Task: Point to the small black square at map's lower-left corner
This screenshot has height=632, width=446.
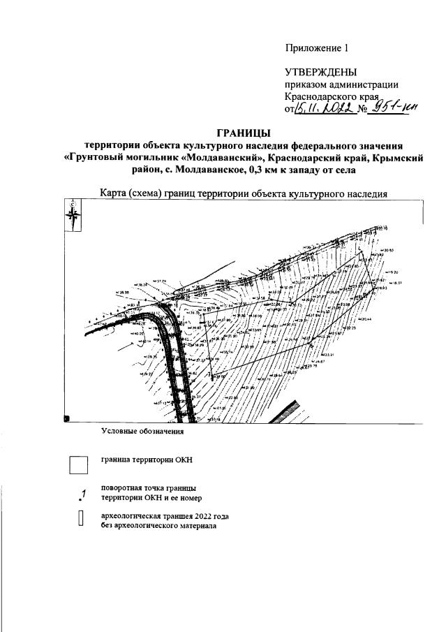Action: tap(67, 418)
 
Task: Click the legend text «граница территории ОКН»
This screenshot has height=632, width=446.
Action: tap(147, 460)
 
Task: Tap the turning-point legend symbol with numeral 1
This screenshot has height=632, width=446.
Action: tap(82, 494)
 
